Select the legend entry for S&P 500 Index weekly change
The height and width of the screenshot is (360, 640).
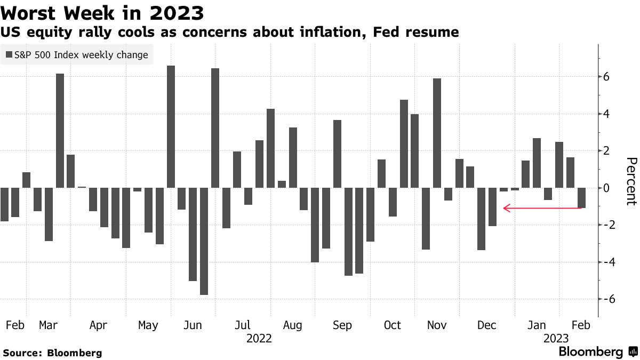77,54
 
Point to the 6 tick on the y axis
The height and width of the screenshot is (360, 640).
606,77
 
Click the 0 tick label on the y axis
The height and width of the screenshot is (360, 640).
606,188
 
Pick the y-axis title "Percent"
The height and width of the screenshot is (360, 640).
631,181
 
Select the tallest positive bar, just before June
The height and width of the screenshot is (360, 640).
171,126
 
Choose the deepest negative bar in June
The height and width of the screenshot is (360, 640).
204,241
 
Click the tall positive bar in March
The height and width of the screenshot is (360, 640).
60,131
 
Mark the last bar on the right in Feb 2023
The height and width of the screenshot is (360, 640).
581,198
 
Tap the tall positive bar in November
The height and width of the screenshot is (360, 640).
437,133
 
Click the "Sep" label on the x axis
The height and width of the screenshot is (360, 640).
342,325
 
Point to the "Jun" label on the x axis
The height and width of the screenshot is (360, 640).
194,325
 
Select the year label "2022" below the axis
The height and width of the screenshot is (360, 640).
260,339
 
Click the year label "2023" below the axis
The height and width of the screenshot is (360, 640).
556,339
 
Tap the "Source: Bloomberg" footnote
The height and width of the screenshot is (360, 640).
52,353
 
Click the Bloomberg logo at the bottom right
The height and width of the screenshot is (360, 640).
597,352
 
